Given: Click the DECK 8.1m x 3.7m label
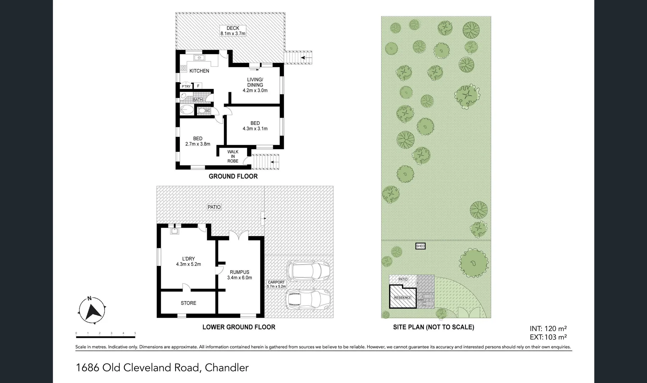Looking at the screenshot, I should (233, 31).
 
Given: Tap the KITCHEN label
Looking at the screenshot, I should (199, 71).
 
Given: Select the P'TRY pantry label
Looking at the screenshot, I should (186, 87).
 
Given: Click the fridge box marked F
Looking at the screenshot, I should (198, 86).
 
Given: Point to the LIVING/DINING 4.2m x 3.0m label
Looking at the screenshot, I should (255, 85).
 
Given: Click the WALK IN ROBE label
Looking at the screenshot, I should (233, 156).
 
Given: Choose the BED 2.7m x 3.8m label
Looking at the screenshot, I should (198, 141).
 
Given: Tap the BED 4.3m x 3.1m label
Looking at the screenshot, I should (255, 126).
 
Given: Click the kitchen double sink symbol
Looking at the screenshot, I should (199, 58).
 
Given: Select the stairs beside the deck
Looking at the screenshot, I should (299, 57).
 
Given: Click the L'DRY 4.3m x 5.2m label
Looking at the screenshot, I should (188, 261).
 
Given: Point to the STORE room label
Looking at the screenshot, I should (188, 303).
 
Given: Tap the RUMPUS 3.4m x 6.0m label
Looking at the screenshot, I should (239, 275).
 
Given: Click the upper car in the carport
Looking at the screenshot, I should (307, 270).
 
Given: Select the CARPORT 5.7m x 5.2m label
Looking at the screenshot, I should (276, 284).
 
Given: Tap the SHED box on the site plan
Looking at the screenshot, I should (420, 246).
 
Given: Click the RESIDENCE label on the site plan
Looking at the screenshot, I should (403, 298).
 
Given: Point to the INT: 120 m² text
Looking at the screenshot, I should (548, 329).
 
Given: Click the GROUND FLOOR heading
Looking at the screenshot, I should (233, 176).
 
